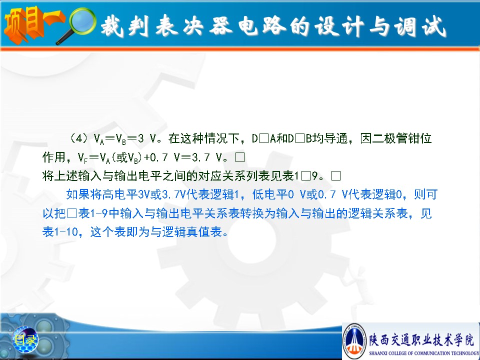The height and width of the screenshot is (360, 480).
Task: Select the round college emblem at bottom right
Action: (354, 340)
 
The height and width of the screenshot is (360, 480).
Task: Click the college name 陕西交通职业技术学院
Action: (421, 339)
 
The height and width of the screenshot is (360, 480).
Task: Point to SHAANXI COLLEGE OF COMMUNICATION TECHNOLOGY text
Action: (424, 353)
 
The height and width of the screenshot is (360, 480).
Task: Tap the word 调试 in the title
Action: (419, 26)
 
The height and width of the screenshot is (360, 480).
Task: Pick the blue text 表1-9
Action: (93, 213)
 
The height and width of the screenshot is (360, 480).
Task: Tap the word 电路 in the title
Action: (262, 25)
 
